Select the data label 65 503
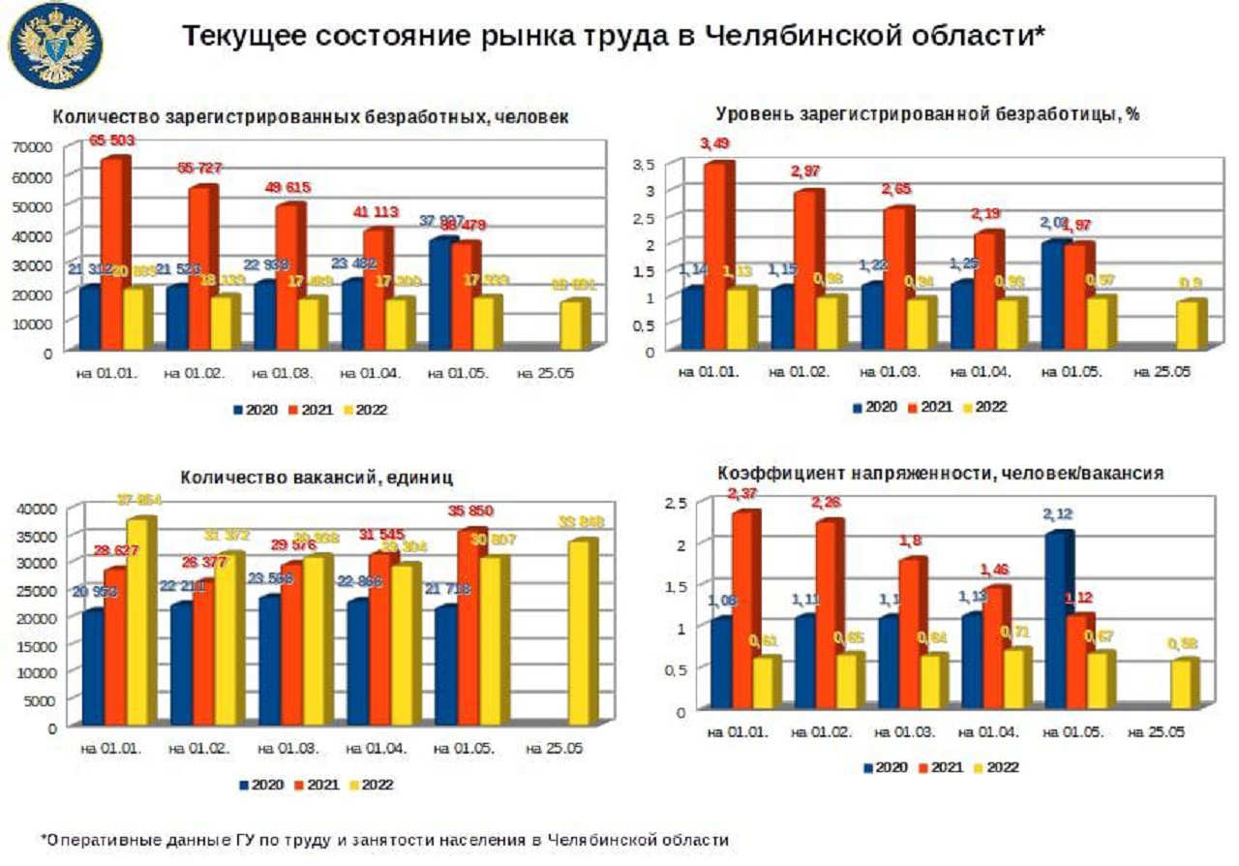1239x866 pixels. click(111, 141)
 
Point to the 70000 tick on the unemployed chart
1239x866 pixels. click(33, 146)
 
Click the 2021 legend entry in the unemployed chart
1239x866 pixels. click(315, 410)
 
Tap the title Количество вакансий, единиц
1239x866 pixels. click(316, 478)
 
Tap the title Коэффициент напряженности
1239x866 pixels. click(939, 475)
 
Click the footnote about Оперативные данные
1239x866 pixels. click(384, 840)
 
